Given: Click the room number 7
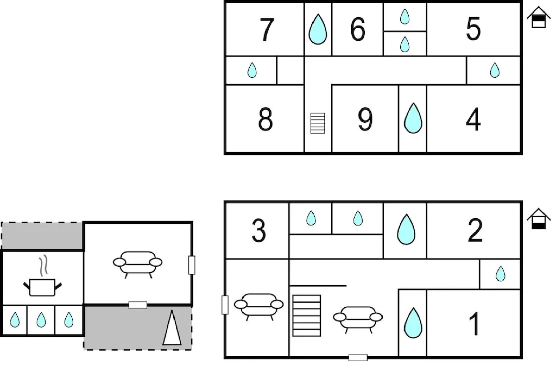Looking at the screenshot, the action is tap(267, 29).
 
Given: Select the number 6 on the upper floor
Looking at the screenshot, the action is tap(358, 29).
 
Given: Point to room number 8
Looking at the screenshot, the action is tap(265, 119).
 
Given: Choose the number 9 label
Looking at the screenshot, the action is tap(365, 120).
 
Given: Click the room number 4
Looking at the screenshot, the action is tap(473, 119).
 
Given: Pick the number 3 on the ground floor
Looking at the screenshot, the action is tap(259, 230).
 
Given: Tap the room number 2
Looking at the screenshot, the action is tap(475, 230).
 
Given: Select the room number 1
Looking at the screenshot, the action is tap(474, 323).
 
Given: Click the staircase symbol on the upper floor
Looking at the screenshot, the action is tap(318, 123).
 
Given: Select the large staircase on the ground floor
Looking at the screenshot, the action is tap(306, 316).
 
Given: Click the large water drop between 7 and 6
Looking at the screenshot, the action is tap(318, 30).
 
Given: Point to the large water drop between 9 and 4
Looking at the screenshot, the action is tap(413, 119).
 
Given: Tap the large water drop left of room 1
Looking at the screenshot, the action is tap(413, 323).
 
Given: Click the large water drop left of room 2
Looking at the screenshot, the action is tap(406, 229).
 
